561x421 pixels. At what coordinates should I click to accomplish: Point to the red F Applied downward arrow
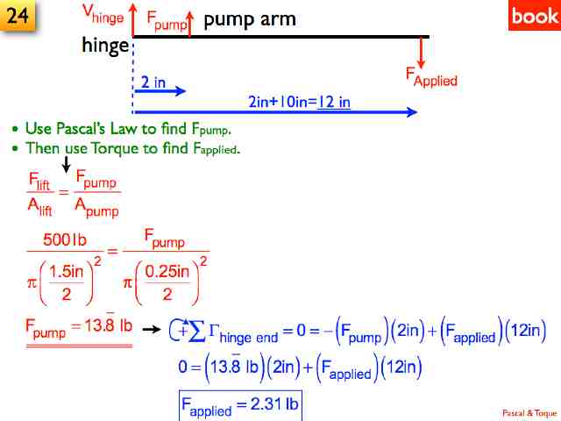pos(422,53)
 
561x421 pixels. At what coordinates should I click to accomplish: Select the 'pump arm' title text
pos(250,19)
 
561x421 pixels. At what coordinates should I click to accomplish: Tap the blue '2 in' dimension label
pos(153,82)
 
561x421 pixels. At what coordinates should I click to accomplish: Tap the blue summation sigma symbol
pos(198,332)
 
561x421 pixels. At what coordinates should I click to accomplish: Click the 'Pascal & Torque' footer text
pos(529,411)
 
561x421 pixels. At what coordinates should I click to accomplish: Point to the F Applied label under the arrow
pos(430,77)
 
